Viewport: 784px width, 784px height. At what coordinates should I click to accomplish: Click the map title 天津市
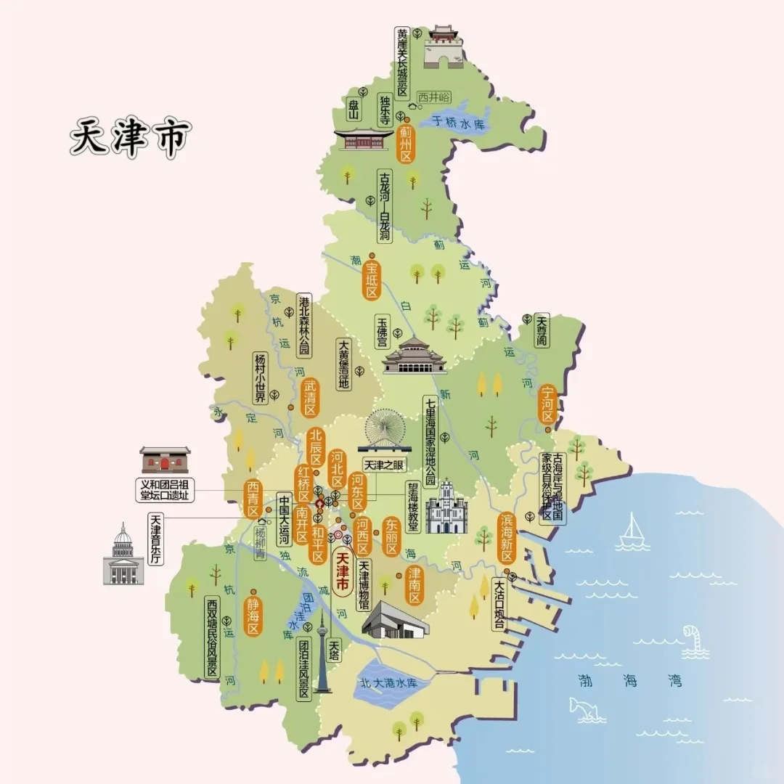(x=130, y=137)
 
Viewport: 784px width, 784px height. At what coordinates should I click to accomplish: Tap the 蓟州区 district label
(x=406, y=143)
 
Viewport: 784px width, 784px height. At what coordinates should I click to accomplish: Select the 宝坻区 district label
(x=372, y=279)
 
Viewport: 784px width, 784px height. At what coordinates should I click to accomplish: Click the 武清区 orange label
(x=310, y=396)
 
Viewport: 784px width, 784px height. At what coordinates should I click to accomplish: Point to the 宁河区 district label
(x=548, y=404)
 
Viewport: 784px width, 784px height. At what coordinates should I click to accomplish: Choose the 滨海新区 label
(x=506, y=539)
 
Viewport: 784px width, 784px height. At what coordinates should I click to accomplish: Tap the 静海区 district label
(x=253, y=617)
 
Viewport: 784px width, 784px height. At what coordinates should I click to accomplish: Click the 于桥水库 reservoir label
(x=458, y=123)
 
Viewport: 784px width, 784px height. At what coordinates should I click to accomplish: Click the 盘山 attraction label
(x=354, y=110)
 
